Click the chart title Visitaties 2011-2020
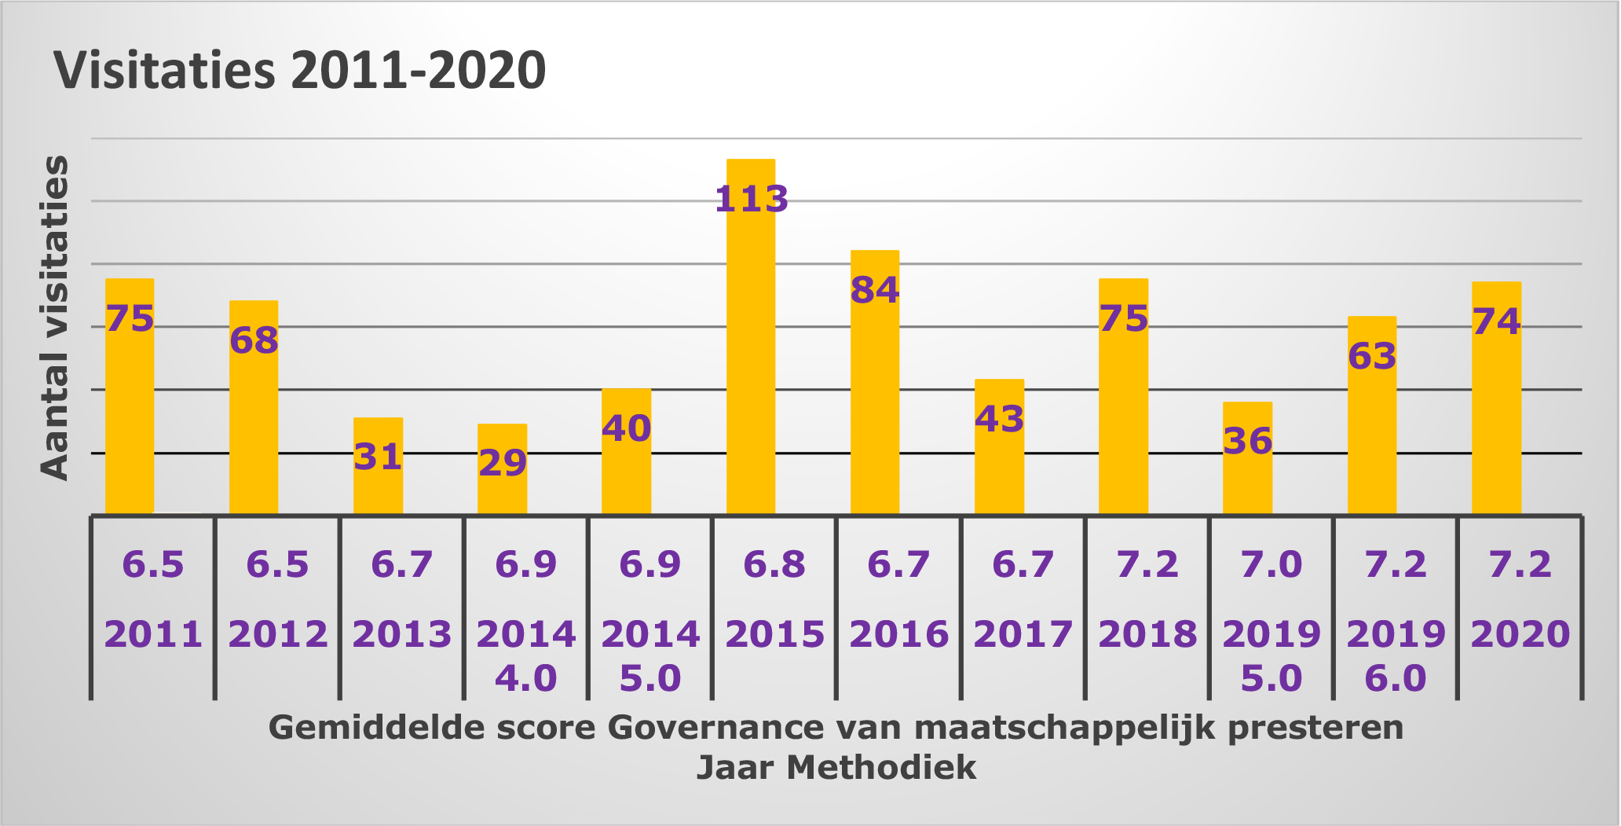[299, 71]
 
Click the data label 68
[254, 340]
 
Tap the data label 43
[999, 419]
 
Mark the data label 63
[1372, 356]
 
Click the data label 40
[626, 428]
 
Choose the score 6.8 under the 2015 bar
[774, 564]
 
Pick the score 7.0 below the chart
[1271, 564]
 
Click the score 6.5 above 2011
[153, 564]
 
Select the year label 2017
[1023, 634]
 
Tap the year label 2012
[277, 634]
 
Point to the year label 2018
[1147, 634]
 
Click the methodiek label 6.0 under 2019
[1395, 678]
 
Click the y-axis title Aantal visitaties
[55, 318]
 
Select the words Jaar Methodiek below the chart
[836, 767]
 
